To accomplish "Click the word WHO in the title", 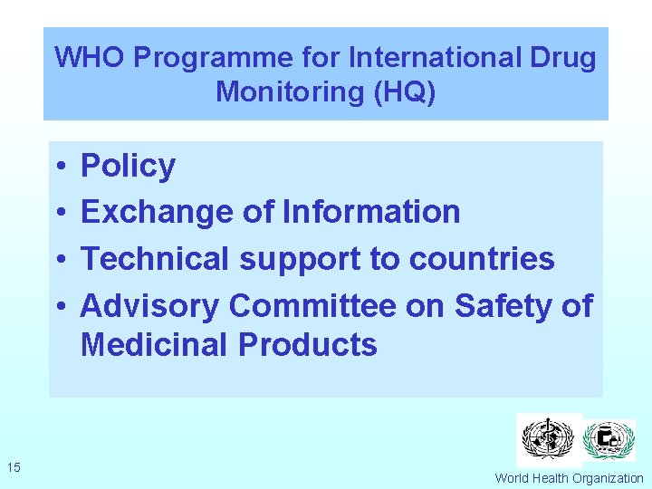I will (x=91, y=58).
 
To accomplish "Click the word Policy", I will (x=128, y=167).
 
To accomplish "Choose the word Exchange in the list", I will (x=158, y=212).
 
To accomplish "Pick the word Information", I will (x=371, y=212).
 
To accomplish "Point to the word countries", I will (x=482, y=259).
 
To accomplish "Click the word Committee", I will (x=312, y=306).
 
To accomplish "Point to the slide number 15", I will (x=14, y=467).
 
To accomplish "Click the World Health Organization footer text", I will (x=569, y=478).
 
